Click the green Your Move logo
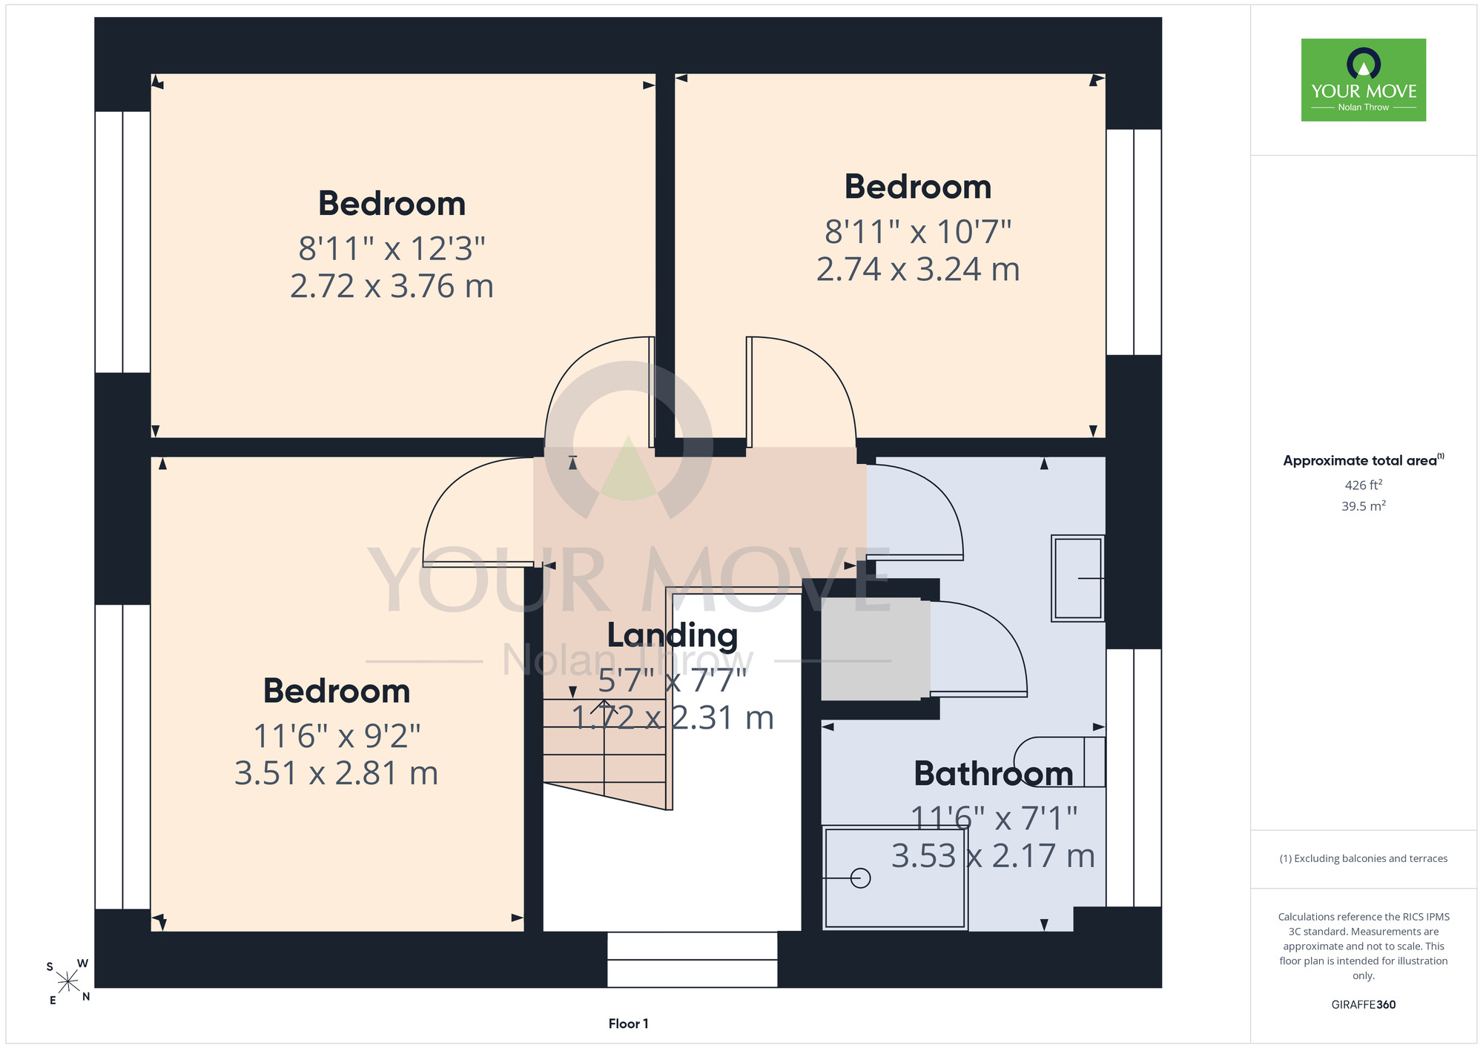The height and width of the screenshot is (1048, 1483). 1363,80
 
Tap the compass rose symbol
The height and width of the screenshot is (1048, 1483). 68,982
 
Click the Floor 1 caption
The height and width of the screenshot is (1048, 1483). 628,1024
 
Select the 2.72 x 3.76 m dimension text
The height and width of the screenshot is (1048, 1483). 392,287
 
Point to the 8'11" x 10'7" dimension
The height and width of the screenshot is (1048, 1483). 918,232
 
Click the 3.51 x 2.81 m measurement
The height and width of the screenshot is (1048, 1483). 337,774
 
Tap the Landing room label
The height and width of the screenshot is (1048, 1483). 673,636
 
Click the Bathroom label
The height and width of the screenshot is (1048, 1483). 994,774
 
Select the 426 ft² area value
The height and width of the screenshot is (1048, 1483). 1364,485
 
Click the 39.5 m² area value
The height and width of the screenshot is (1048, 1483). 1364,506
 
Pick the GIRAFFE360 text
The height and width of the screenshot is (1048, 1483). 1364,1005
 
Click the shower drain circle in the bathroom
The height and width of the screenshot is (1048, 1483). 860,878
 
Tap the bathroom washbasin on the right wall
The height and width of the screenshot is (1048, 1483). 1078,578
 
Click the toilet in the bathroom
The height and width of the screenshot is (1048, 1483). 1060,762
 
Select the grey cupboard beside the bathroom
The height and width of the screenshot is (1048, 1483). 876,649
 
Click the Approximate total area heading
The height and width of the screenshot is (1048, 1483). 1364,460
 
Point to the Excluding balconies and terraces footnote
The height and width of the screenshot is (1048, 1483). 1364,858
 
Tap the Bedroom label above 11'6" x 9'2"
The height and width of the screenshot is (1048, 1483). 337,692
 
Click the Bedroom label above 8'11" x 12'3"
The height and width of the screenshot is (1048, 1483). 392,204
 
